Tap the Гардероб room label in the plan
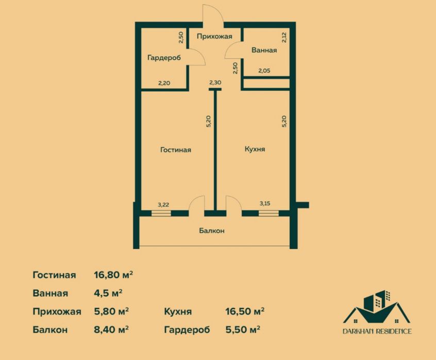pos(163,58)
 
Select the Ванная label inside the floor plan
pos(264,50)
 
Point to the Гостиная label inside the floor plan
pos(176,150)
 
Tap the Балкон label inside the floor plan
pos(211,231)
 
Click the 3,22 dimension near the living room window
pos(163,204)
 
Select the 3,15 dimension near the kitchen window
pos(265,204)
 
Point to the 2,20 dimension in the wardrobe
pos(164,82)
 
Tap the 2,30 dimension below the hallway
pos(215,82)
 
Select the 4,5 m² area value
pos(108,293)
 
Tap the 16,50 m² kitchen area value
pos(244,312)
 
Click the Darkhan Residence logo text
pos(377,331)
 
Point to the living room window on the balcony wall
pos(163,212)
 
